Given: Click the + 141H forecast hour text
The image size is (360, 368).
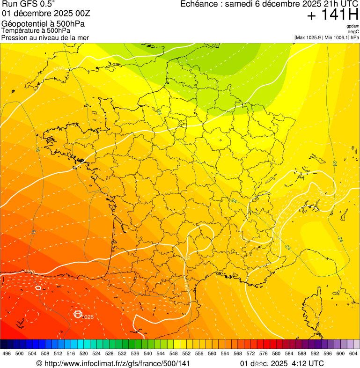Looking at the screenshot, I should point(332,15).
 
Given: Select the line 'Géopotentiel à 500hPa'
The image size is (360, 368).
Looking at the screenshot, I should point(44,24).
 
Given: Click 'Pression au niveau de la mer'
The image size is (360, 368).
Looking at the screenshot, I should point(45,37).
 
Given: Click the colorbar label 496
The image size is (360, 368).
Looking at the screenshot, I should point(7,353).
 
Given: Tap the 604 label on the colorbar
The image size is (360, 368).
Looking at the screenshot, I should point(353,353).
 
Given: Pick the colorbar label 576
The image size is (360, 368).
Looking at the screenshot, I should point(263,353).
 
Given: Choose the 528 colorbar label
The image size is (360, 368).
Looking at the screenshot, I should point(109,353).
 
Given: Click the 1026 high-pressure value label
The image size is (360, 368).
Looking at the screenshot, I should point(88,317).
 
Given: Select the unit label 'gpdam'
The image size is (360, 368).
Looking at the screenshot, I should point(353,26).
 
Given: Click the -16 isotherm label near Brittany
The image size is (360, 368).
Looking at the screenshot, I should point(37,149).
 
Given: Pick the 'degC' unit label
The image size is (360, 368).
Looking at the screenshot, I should point(354,31).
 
